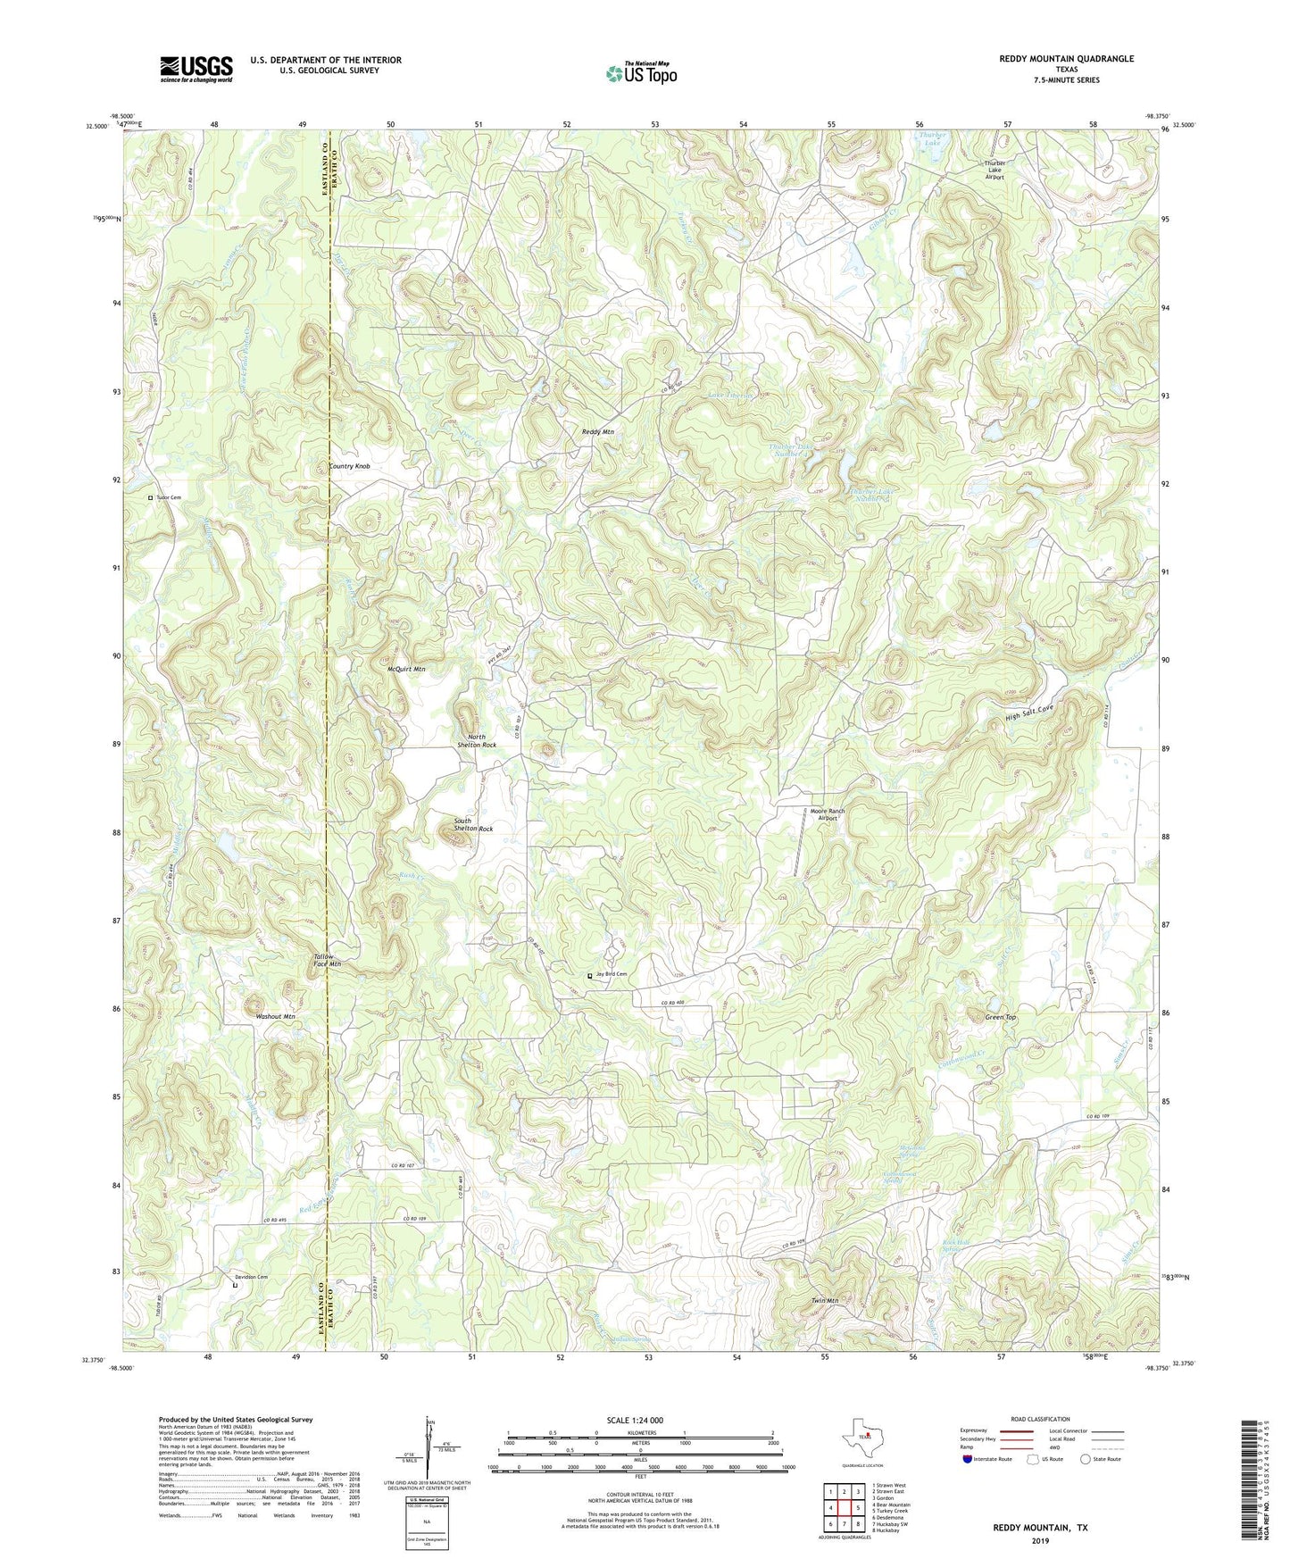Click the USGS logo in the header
[196, 69]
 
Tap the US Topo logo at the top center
[641, 73]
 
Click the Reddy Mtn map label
[598, 431]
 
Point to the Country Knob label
[349, 466]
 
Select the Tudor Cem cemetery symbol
[150, 497]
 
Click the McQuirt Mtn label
[406, 669]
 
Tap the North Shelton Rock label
[476, 740]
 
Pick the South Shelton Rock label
[473, 824]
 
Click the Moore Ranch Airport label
[827, 814]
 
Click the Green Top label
[1000, 1017]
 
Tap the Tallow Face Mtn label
[327, 960]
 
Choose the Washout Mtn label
[275, 1016]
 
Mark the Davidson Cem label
[251, 1277]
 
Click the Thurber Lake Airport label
[995, 170]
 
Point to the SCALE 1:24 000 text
[634, 1420]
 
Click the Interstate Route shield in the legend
[969, 1459]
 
